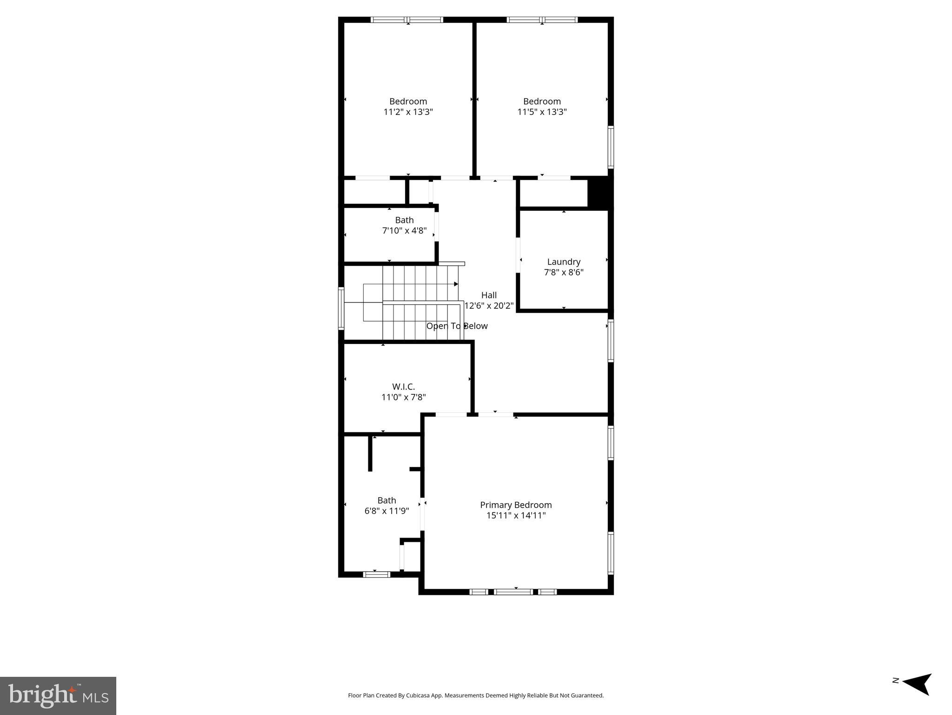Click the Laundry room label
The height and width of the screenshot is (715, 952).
[x=564, y=262]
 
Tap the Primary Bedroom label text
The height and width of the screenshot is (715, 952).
[x=516, y=505]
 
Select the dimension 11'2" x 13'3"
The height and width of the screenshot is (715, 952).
[x=408, y=112]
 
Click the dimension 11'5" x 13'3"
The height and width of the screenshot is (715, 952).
[x=542, y=112]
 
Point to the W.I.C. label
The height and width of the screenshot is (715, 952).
[x=403, y=386]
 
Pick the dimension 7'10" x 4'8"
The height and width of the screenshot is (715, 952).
[x=404, y=230]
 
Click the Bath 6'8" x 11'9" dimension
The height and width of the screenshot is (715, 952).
[x=386, y=511]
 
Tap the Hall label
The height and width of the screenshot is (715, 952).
[x=489, y=295]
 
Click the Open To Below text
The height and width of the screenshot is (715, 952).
[x=457, y=326]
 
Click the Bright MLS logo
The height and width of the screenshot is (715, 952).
[x=58, y=695]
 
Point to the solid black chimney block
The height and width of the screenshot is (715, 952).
[x=600, y=193]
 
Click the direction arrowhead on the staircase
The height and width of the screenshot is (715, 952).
[x=456, y=284]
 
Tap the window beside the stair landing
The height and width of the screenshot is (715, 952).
[x=341, y=309]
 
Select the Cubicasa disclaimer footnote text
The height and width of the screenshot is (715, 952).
[x=476, y=695]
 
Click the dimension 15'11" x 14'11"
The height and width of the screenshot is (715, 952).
[x=516, y=515]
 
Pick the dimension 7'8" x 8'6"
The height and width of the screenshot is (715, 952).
[x=564, y=272]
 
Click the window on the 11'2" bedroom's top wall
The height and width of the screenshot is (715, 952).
[x=407, y=20]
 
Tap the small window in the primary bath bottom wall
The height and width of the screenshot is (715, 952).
[x=376, y=574]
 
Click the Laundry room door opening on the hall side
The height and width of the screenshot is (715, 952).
[x=518, y=255]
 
